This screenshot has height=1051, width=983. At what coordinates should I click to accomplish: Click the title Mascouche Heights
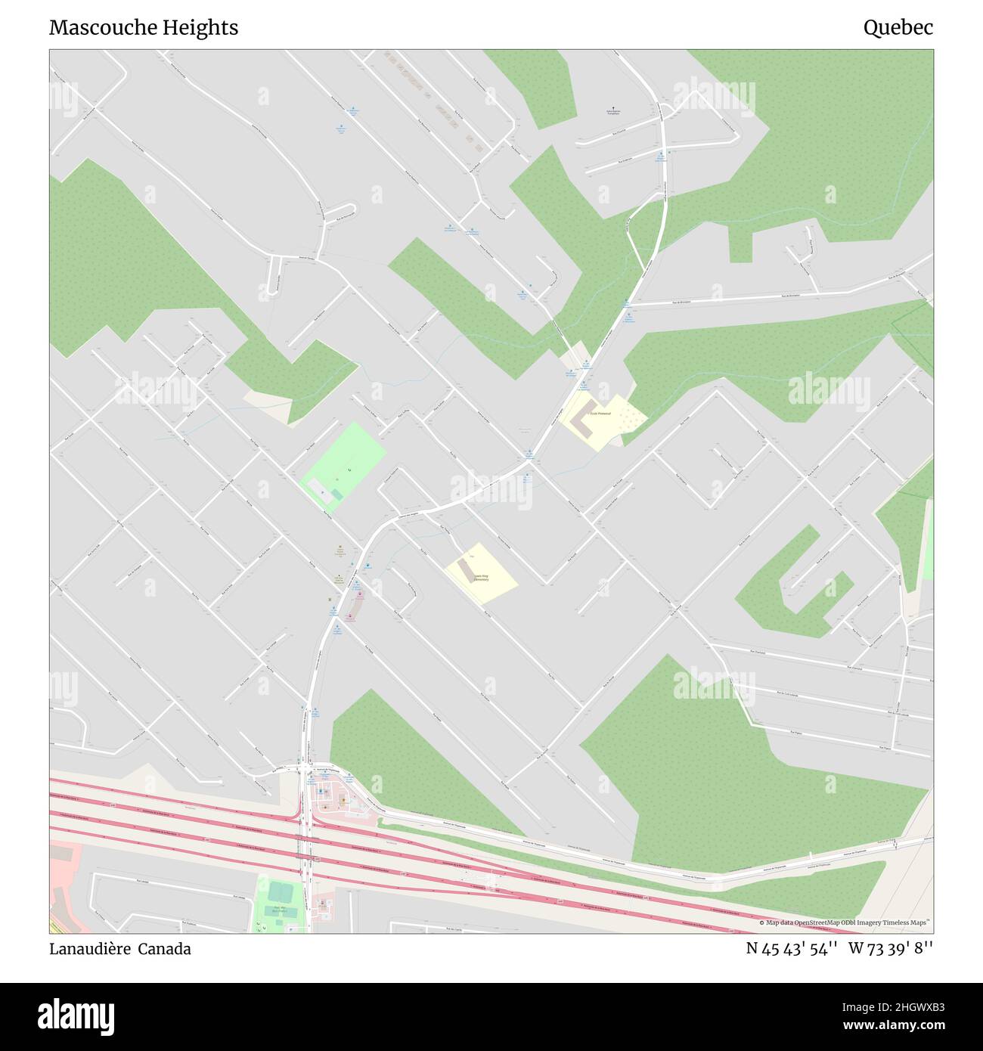click(x=144, y=28)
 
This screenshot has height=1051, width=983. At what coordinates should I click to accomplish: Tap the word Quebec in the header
click(x=898, y=28)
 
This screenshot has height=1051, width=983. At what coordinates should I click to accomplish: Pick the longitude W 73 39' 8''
click(x=891, y=948)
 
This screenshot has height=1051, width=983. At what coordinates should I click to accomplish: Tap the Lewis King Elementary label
click(x=481, y=578)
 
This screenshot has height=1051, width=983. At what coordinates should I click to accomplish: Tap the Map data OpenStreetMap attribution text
click(x=845, y=922)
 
